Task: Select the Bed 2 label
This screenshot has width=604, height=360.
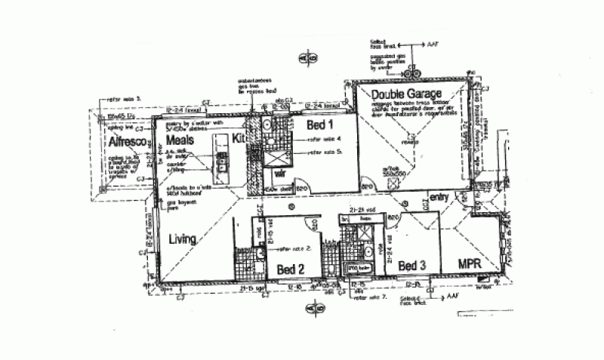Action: (290, 269)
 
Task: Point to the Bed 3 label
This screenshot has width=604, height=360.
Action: (411, 265)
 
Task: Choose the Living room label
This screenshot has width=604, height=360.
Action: (183, 239)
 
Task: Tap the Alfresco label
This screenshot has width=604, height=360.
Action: (122, 141)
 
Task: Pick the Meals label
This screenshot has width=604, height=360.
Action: (181, 140)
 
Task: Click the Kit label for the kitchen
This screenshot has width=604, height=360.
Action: (239, 140)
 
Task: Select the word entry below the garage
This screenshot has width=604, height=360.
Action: (439, 198)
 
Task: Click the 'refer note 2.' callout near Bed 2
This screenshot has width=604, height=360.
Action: (295, 248)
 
